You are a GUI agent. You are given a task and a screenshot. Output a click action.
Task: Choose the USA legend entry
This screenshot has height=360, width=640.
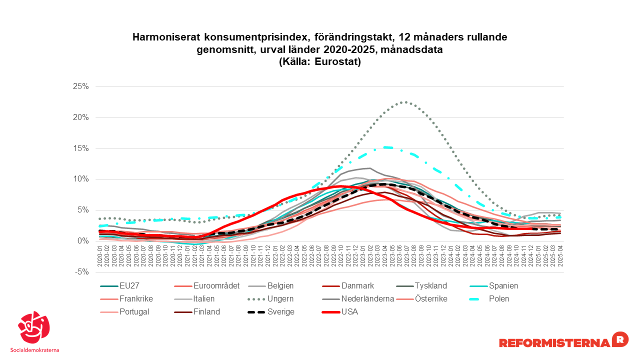349,312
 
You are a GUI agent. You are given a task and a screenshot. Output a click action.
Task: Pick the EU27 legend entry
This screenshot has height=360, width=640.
129,286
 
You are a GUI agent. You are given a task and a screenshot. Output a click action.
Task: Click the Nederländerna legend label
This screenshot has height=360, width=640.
367,299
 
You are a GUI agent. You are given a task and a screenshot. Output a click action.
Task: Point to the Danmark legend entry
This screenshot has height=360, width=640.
357,286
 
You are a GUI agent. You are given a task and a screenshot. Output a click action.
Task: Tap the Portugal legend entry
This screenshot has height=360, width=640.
134,312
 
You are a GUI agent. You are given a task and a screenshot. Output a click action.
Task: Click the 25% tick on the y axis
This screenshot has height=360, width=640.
80,86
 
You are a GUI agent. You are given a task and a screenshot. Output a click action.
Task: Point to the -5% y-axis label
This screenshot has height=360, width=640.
81,272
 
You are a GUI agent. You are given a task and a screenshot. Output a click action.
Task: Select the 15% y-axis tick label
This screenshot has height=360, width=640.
80,148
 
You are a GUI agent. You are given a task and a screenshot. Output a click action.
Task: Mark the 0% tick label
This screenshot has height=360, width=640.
82,241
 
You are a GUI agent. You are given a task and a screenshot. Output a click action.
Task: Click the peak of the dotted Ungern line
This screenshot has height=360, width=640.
404,102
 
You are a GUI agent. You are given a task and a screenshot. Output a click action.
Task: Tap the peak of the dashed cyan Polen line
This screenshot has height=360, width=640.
387,147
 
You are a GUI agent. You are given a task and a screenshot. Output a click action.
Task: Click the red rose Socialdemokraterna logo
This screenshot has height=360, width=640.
34,327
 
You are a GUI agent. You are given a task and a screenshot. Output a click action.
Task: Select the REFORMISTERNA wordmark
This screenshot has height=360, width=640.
554,342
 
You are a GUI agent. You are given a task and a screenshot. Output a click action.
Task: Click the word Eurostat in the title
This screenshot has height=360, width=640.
337,62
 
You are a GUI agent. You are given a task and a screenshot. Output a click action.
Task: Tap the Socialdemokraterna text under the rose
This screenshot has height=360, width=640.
34,349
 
